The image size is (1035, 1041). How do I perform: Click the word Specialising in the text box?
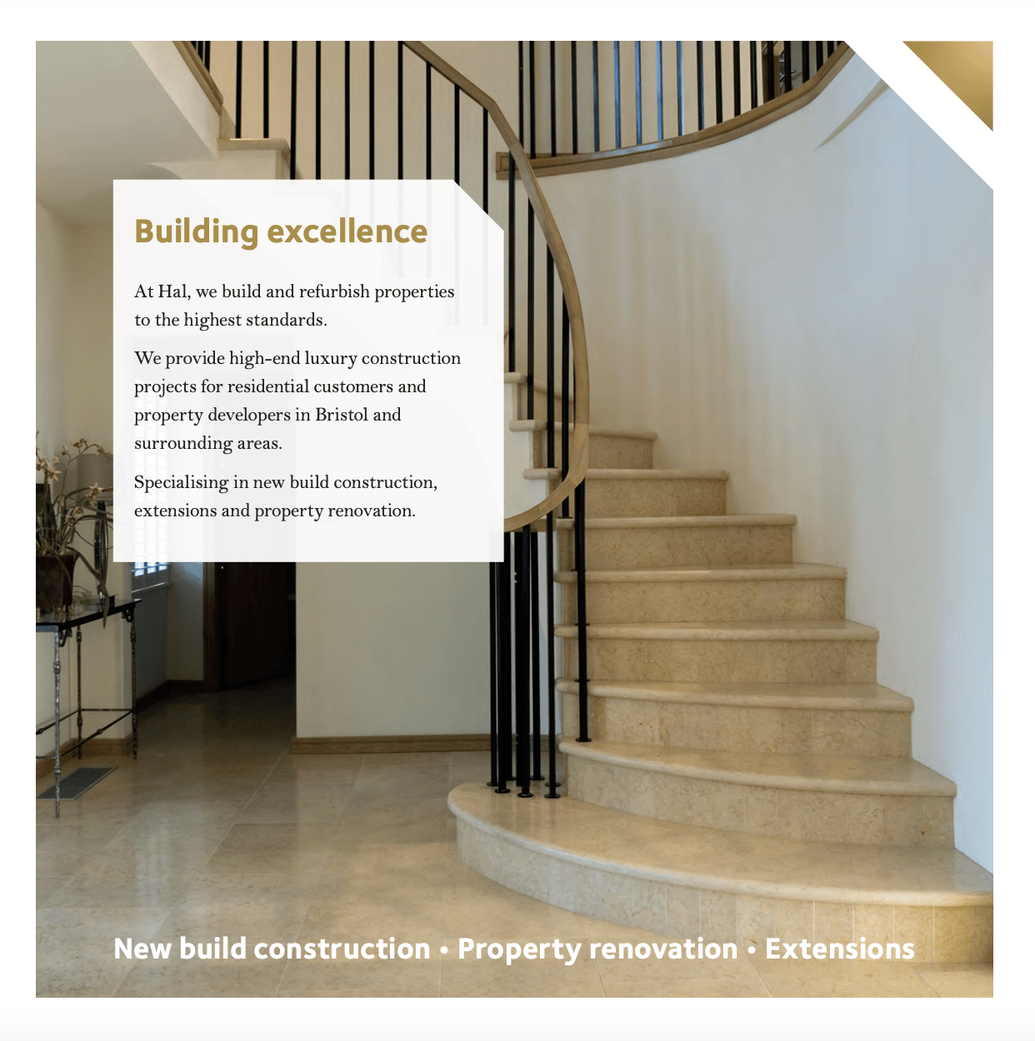coord(180,482)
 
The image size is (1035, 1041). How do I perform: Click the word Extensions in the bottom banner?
coord(839,949)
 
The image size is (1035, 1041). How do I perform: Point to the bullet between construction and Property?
coord(444,949)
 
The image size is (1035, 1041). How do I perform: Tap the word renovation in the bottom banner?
coord(663,949)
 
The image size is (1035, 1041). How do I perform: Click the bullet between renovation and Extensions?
coord(752,949)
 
